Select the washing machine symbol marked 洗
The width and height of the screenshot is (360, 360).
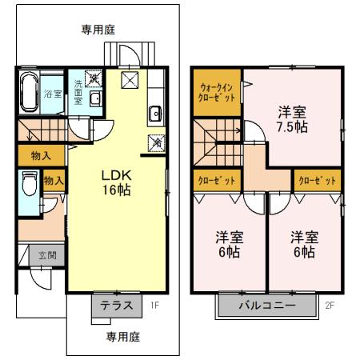click(94, 78)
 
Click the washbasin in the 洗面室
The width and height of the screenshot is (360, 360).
click(94, 99)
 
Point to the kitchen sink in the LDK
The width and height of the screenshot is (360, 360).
click(154, 112)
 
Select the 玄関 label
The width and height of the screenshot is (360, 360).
click(47, 256)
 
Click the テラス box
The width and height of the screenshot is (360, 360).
click(116, 305)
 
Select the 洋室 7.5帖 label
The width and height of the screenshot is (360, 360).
click(295, 119)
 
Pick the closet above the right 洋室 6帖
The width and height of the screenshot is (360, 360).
click(317, 181)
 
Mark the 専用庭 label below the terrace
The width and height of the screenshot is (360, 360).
click(122, 338)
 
